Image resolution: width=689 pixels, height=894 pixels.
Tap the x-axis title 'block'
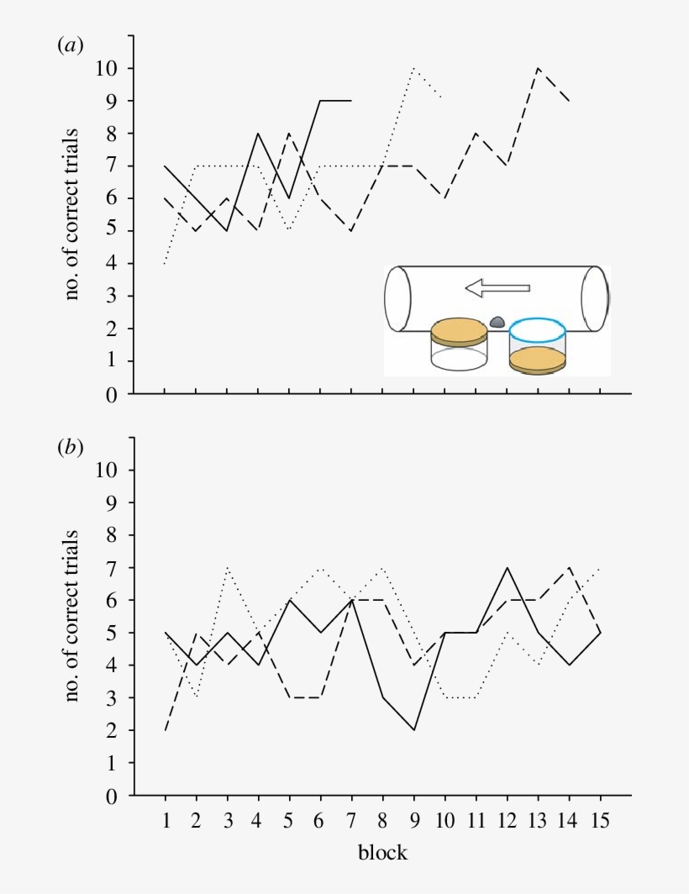pyautogui.click(x=382, y=853)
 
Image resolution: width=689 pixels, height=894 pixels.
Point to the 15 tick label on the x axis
pyautogui.click(x=600, y=822)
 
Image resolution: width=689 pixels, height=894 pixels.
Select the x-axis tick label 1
pyautogui.click(x=165, y=822)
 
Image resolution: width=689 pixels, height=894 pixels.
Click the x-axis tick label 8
pyautogui.click(x=382, y=822)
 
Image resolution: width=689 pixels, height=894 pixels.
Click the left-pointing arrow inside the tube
pyautogui.click(x=497, y=289)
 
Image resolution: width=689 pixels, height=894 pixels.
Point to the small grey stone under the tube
pyautogui.click(x=497, y=322)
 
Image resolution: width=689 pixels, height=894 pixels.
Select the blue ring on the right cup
pyautogui.click(x=537, y=329)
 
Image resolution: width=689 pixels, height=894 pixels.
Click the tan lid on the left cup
pyautogui.click(x=459, y=330)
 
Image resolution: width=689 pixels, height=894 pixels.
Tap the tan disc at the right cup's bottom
pyautogui.click(x=537, y=360)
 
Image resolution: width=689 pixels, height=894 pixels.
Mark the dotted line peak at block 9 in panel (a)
pyautogui.click(x=413, y=68)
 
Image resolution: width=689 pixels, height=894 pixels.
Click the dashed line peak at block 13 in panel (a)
pyautogui.click(x=538, y=68)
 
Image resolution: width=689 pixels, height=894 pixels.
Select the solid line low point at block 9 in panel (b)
pyautogui.click(x=413, y=730)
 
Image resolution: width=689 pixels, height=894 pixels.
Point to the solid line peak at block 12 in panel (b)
pyautogui.click(x=507, y=567)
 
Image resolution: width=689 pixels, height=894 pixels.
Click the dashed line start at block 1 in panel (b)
pyautogui.click(x=165, y=730)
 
